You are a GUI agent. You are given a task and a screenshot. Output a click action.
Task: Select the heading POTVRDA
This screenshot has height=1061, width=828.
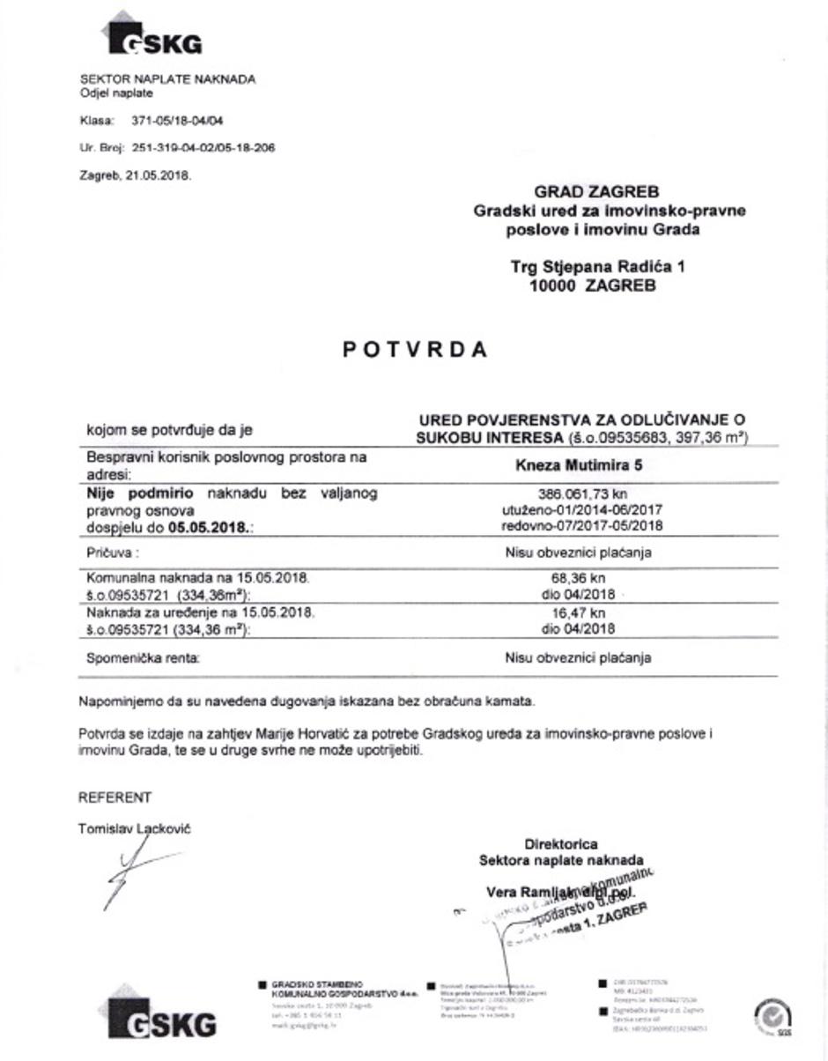[414, 350]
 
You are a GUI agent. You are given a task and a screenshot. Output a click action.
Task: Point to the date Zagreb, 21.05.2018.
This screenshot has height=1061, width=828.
[136, 174]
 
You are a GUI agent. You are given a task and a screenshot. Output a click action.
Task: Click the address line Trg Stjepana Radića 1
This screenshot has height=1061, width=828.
[597, 266]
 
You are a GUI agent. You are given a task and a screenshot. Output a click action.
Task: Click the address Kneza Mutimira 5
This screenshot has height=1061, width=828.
[578, 465]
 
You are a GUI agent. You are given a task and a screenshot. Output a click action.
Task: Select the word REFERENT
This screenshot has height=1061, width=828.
[115, 798]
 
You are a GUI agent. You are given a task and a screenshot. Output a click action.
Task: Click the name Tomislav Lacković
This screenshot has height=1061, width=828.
[134, 828]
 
